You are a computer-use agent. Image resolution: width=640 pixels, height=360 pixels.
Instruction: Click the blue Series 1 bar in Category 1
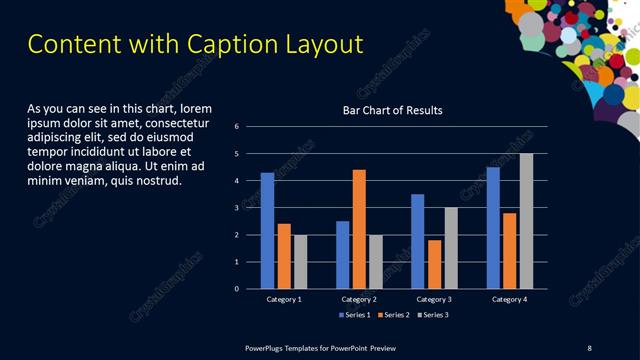pyautogui.click(x=267, y=230)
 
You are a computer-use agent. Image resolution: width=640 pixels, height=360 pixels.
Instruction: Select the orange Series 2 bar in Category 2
pyautogui.click(x=359, y=229)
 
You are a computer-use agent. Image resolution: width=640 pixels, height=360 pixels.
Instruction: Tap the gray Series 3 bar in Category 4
pyautogui.click(x=526, y=221)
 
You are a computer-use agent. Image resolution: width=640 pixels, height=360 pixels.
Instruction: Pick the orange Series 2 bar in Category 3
pyautogui.click(x=434, y=264)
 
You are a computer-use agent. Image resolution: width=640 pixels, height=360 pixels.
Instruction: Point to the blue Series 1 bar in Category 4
pyautogui.click(x=493, y=228)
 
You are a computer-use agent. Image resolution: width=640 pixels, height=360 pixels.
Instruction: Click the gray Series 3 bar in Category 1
pyautogui.click(x=300, y=261)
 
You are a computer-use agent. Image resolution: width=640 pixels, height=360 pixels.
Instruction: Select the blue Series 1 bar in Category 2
pyautogui.click(x=343, y=255)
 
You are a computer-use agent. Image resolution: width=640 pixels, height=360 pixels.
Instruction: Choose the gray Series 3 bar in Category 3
pyautogui.click(x=451, y=248)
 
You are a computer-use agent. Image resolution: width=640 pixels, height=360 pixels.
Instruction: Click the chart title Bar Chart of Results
pyautogui.click(x=392, y=110)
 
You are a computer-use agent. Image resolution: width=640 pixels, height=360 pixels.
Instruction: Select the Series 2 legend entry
pyautogui.click(x=395, y=315)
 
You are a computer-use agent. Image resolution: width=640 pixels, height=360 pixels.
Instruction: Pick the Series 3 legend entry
pyautogui.click(x=436, y=315)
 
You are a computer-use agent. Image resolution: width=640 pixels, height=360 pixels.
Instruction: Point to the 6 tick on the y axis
pyautogui.click(x=236, y=127)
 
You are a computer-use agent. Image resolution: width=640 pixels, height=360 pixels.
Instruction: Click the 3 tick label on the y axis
pyautogui.click(x=236, y=208)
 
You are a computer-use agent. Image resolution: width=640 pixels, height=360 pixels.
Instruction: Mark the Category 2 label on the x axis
pyautogui.click(x=359, y=299)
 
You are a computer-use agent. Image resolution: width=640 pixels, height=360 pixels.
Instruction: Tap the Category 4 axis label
pyautogui.click(x=509, y=299)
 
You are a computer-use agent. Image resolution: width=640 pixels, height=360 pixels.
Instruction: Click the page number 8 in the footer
pyautogui.click(x=589, y=347)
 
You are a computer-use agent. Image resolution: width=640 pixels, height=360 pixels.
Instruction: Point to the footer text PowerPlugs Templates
pyautogui.click(x=290, y=347)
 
